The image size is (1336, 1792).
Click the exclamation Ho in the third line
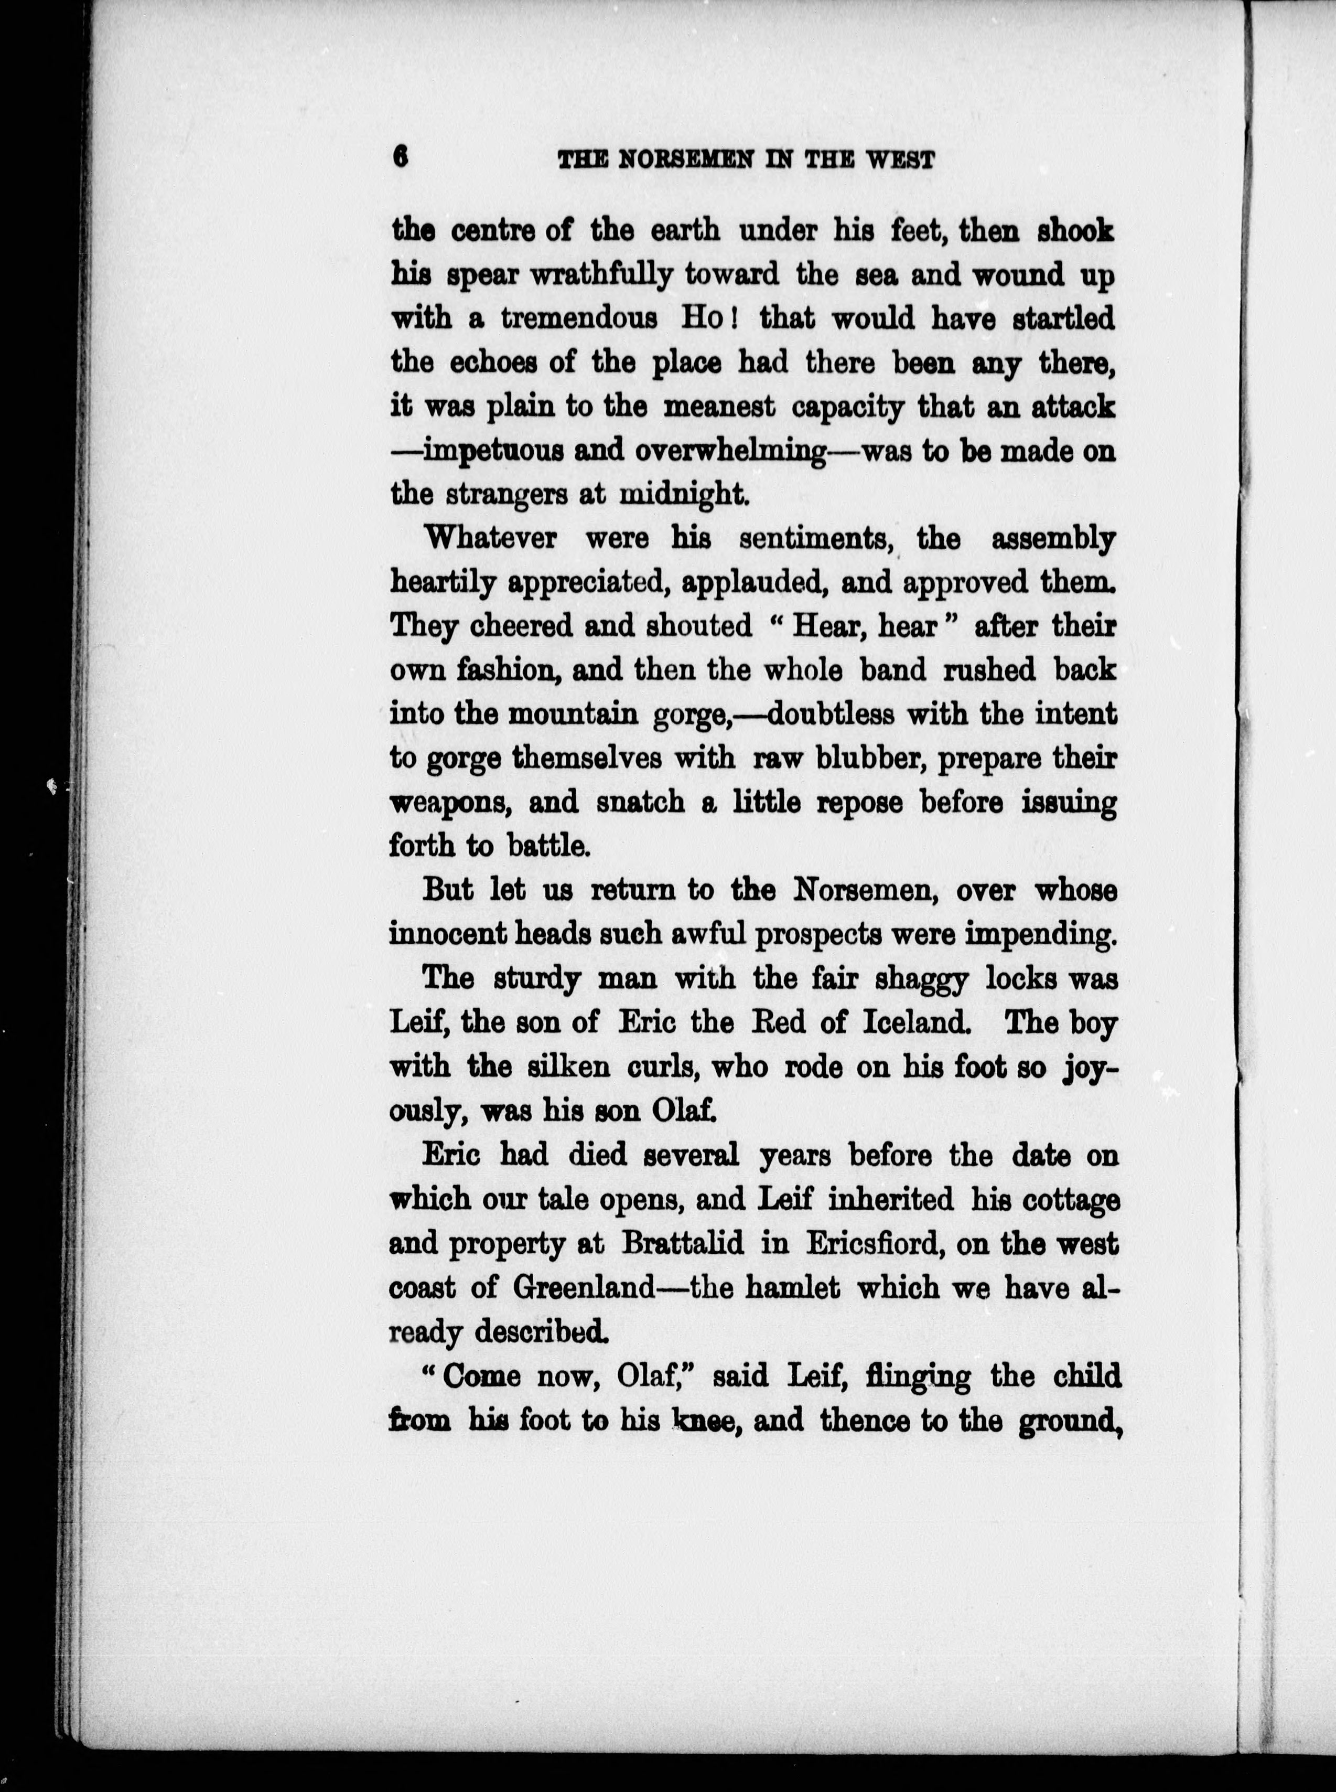(701, 319)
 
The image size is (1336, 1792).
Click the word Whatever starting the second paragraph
(491, 539)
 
